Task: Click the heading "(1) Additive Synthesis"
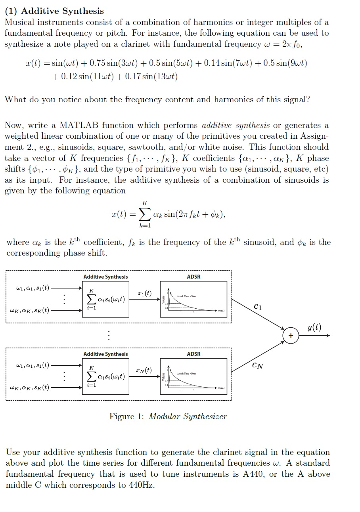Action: [54, 11]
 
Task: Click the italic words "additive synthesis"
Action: [236, 126]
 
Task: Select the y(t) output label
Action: [314, 327]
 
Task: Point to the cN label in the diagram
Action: [257, 365]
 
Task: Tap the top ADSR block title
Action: [193, 277]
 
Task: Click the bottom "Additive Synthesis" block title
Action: [105, 354]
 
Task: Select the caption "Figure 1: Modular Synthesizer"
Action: [168, 416]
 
